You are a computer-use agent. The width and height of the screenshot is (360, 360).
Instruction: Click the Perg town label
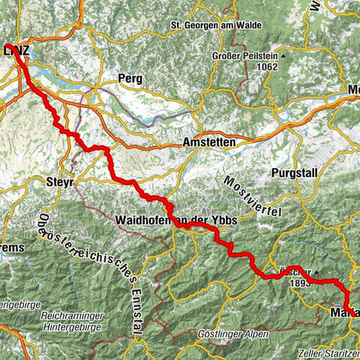coord(130,78)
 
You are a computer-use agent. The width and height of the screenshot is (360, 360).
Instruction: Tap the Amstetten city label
coord(209,142)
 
